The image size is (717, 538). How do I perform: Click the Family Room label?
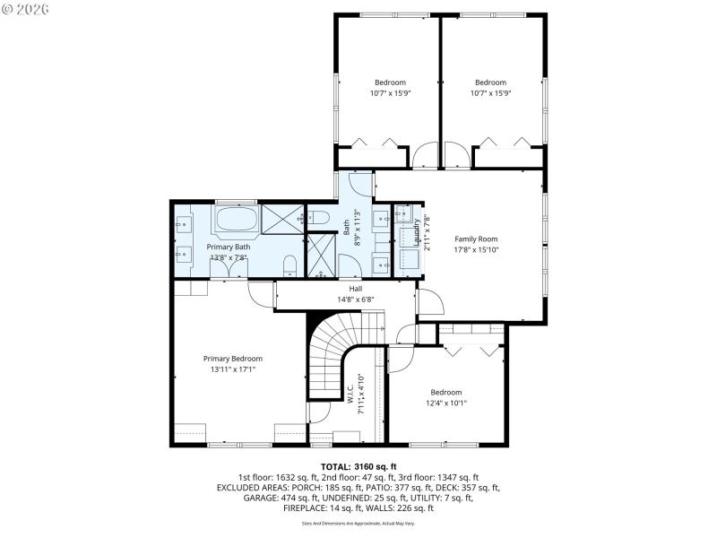tap(475, 239)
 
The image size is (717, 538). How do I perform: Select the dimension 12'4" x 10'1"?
tap(445, 403)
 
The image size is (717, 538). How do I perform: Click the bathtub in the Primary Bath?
tap(235, 220)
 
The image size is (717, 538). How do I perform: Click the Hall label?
tap(356, 288)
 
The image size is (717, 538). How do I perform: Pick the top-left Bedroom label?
tap(390, 82)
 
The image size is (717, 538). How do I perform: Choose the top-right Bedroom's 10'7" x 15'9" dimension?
tap(490, 92)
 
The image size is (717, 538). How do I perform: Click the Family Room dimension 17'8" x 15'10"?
tap(475, 250)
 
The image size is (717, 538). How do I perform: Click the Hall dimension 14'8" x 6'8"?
tap(356, 299)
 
